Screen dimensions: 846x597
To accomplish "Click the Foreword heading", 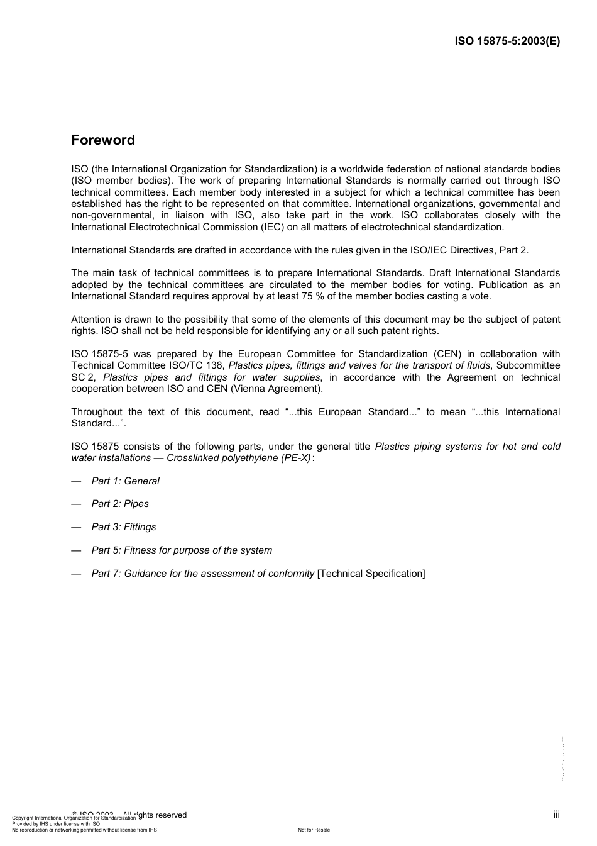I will point(103,140).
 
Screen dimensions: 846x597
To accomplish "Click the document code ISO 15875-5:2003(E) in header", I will point(507,42).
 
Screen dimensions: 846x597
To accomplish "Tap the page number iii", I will point(556,815).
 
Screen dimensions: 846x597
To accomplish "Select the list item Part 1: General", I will point(125,481).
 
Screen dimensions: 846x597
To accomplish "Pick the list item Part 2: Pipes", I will point(120,504).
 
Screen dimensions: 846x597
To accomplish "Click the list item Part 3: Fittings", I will point(124,527).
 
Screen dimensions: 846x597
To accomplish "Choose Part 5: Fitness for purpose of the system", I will point(182,550).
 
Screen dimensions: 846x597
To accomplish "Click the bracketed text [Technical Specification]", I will point(371,574).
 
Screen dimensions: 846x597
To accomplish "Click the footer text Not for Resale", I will point(314,830).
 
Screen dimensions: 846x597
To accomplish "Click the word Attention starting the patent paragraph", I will point(90,320).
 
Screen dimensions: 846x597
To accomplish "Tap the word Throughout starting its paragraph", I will point(96,412).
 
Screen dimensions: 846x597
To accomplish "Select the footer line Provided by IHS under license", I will point(56,823).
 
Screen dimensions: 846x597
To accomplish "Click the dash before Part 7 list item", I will point(76,574).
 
